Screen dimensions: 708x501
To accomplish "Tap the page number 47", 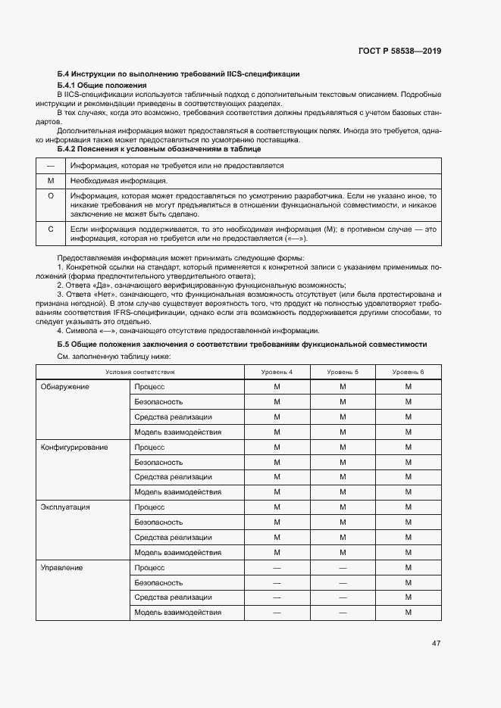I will click(x=436, y=644).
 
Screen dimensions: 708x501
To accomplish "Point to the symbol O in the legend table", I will click(x=51, y=195).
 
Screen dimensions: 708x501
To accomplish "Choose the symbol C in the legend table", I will click(x=51, y=228).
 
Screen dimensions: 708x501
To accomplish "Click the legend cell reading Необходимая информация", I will click(x=119, y=181).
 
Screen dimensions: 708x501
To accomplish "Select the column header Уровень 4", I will click(x=277, y=372).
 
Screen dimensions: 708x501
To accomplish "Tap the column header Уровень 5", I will click(x=343, y=372).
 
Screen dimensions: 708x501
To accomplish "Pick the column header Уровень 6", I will click(x=408, y=372).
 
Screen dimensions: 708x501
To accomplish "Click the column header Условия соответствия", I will click(x=140, y=372).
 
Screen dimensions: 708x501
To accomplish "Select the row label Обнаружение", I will click(x=64, y=387).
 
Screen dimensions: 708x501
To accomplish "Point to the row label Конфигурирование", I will click(x=74, y=447).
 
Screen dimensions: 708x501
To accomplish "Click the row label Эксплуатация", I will click(x=65, y=507).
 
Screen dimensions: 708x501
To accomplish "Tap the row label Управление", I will click(x=61, y=567).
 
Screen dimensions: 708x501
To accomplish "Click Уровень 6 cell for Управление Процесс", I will click(x=408, y=567).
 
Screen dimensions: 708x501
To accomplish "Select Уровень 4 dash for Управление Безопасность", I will click(x=277, y=582).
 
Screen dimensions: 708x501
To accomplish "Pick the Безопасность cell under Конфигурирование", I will click(x=158, y=462).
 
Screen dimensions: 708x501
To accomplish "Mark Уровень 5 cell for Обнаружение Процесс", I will click(x=343, y=387).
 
